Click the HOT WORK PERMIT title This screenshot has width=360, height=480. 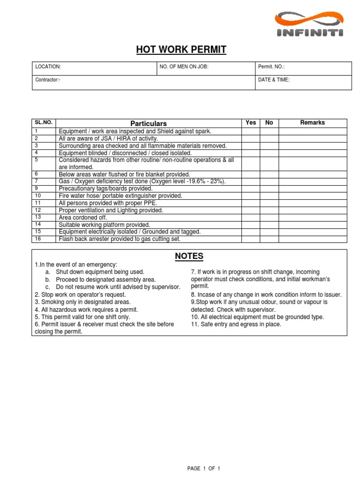point(181,50)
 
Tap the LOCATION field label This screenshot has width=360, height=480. point(48,67)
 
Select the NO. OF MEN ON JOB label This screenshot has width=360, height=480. point(183,67)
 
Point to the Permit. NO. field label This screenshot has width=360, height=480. point(271,67)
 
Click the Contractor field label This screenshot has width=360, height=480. point(48,80)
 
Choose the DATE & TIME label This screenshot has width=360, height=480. point(274,80)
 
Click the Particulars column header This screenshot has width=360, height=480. point(149,123)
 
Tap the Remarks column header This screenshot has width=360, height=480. point(313,123)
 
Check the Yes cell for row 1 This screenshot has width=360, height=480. point(251,131)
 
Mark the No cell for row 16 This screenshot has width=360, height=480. point(269,239)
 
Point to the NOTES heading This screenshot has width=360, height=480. point(189,256)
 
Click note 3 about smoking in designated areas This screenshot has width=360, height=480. point(82,302)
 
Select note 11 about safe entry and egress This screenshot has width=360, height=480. point(236,324)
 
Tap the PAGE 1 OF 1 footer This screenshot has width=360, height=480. point(203,468)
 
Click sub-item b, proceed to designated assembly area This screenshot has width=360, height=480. point(103,279)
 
